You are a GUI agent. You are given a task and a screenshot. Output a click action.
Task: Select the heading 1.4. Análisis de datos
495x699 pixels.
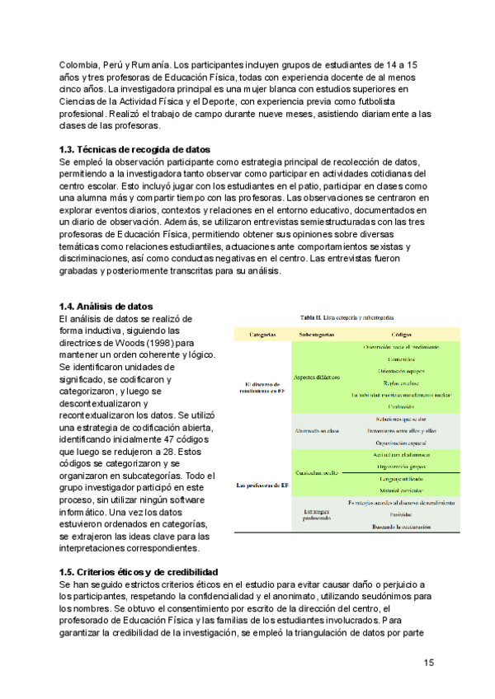[x=106, y=307]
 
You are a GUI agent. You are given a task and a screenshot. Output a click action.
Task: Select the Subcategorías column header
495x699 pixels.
[x=316, y=334]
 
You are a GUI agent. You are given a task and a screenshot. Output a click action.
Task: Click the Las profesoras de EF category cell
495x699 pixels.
[x=263, y=485]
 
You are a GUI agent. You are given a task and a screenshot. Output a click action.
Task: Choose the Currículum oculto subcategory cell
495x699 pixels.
[x=316, y=472]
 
